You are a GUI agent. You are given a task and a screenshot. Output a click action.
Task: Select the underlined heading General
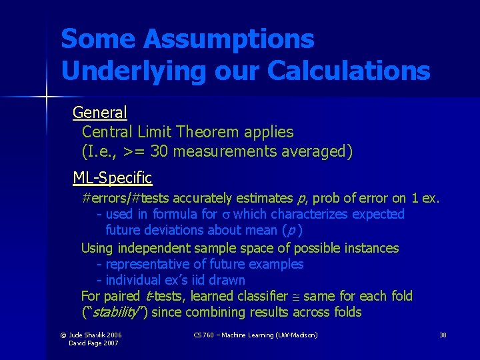pos(100,112)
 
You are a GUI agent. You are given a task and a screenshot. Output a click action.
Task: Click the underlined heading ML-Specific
pos(113,178)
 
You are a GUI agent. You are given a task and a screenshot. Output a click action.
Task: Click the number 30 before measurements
pos(159,152)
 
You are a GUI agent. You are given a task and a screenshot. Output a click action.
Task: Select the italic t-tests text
pos(159,296)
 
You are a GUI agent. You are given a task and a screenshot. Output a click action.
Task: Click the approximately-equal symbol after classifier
pos(293,297)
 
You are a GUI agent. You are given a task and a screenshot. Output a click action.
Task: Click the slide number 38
pos(443,334)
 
